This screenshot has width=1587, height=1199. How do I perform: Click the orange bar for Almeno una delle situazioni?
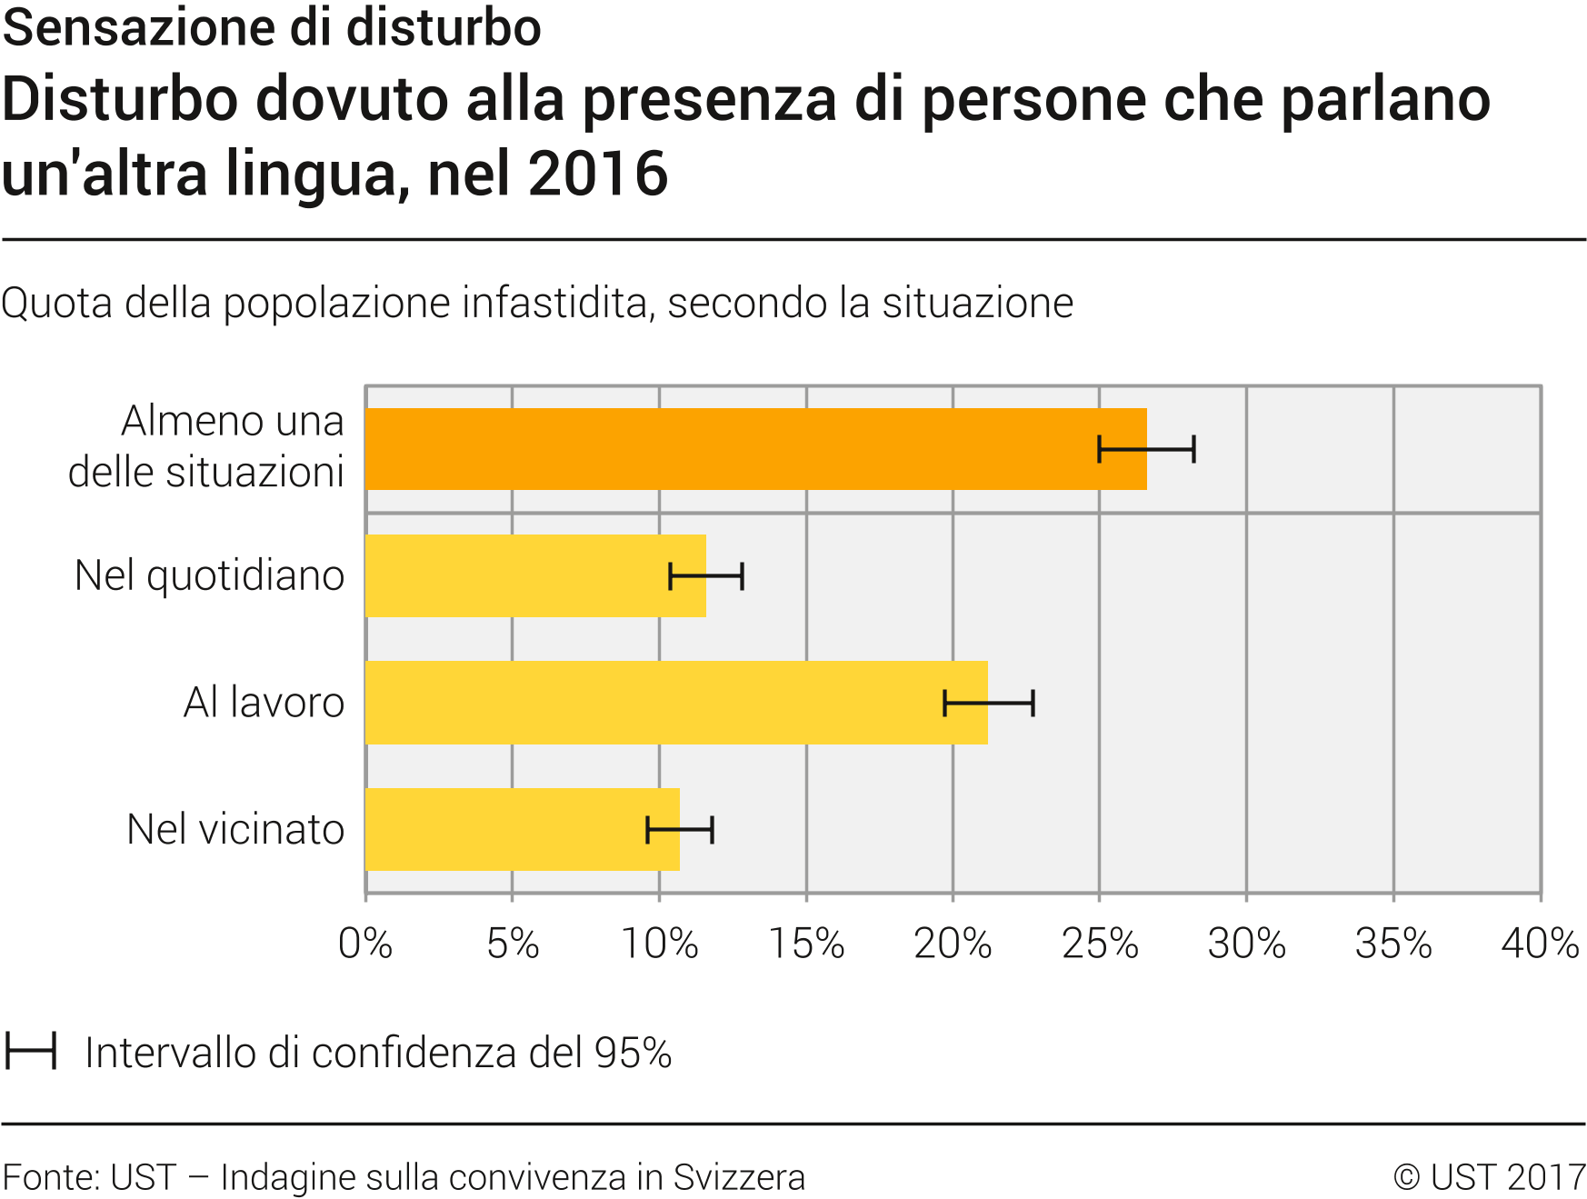coord(727,449)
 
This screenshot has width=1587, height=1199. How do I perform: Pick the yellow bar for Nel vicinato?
coord(509,829)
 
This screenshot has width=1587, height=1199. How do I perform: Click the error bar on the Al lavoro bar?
coord(989,703)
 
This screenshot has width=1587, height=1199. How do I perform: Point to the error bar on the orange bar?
coord(1146,449)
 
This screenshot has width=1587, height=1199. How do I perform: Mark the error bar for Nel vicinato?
coord(680,829)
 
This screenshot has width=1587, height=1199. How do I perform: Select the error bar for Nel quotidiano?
coord(706,576)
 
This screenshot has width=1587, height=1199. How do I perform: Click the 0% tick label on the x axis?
coord(365,944)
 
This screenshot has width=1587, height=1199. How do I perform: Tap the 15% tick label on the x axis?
coord(806,944)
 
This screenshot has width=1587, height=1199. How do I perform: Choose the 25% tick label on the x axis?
coord(1100,944)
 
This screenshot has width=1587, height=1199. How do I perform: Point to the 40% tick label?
coord(1540,944)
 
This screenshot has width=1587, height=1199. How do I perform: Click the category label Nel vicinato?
coord(235,829)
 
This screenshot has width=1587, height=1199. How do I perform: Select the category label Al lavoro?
coord(264,703)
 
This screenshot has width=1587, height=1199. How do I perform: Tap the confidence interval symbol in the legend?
coord(31,1051)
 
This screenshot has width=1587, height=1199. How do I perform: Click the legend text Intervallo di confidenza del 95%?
coord(378,1053)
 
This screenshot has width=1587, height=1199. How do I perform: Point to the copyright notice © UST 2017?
coord(1489,1177)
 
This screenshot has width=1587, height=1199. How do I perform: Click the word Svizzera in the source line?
coord(738,1177)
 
